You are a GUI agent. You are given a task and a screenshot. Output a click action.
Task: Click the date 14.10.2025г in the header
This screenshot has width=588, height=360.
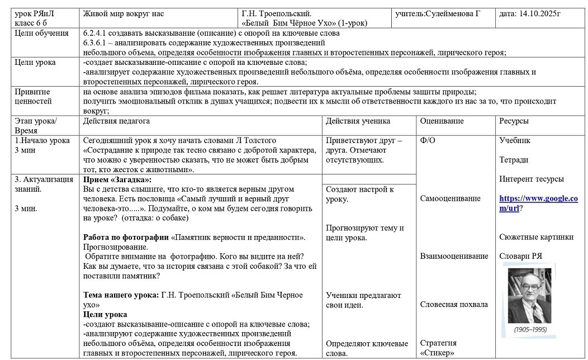click(529, 13)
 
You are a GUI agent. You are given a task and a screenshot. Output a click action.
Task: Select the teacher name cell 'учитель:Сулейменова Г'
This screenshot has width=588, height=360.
click(437, 13)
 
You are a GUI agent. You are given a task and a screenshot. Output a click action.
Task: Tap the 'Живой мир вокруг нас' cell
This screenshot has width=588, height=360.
click(123, 13)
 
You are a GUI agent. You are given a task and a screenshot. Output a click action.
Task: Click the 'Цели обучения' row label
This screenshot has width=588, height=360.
click(38, 33)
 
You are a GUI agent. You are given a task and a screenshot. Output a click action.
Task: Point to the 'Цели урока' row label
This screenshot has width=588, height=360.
click(35, 63)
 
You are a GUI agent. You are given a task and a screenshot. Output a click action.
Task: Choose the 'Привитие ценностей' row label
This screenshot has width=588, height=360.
click(33, 96)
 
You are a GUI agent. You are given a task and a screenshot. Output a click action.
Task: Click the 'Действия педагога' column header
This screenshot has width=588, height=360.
click(116, 121)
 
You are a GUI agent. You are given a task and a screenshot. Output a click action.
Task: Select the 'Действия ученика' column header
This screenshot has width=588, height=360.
click(358, 121)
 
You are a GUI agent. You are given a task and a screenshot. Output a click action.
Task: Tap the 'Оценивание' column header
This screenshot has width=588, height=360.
click(442, 121)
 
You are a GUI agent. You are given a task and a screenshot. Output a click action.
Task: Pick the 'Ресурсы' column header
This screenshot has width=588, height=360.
click(514, 121)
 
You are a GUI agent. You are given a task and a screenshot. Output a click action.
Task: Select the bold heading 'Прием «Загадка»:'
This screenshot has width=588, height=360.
click(117, 179)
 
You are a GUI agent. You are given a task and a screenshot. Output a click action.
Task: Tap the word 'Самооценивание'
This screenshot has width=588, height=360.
click(450, 198)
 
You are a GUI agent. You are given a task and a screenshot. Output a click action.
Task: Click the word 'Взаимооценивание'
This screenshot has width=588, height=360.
click(454, 256)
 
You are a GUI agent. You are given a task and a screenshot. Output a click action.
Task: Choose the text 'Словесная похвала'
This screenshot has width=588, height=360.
click(454, 305)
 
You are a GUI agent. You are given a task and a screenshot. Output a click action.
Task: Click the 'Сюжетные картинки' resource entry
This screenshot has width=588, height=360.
click(536, 237)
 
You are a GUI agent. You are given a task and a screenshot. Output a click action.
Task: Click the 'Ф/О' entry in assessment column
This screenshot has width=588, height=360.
click(428, 140)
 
